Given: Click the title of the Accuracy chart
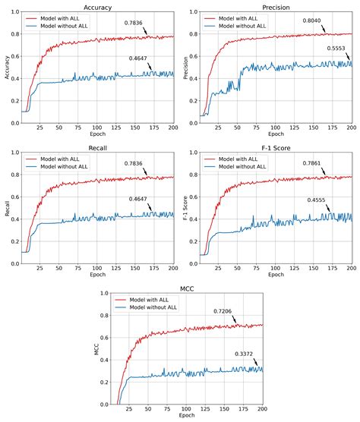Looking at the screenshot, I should [x=96, y=5].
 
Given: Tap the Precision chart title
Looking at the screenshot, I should [x=275, y=5].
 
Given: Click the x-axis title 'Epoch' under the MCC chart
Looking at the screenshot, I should [x=186, y=417].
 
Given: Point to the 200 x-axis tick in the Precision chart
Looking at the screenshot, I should [x=352, y=128].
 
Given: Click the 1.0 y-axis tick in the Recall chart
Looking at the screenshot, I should [x=11, y=153].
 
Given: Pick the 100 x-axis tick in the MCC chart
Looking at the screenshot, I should [x=186, y=409].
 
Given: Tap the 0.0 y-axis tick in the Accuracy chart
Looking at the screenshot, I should [x=11, y=121].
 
